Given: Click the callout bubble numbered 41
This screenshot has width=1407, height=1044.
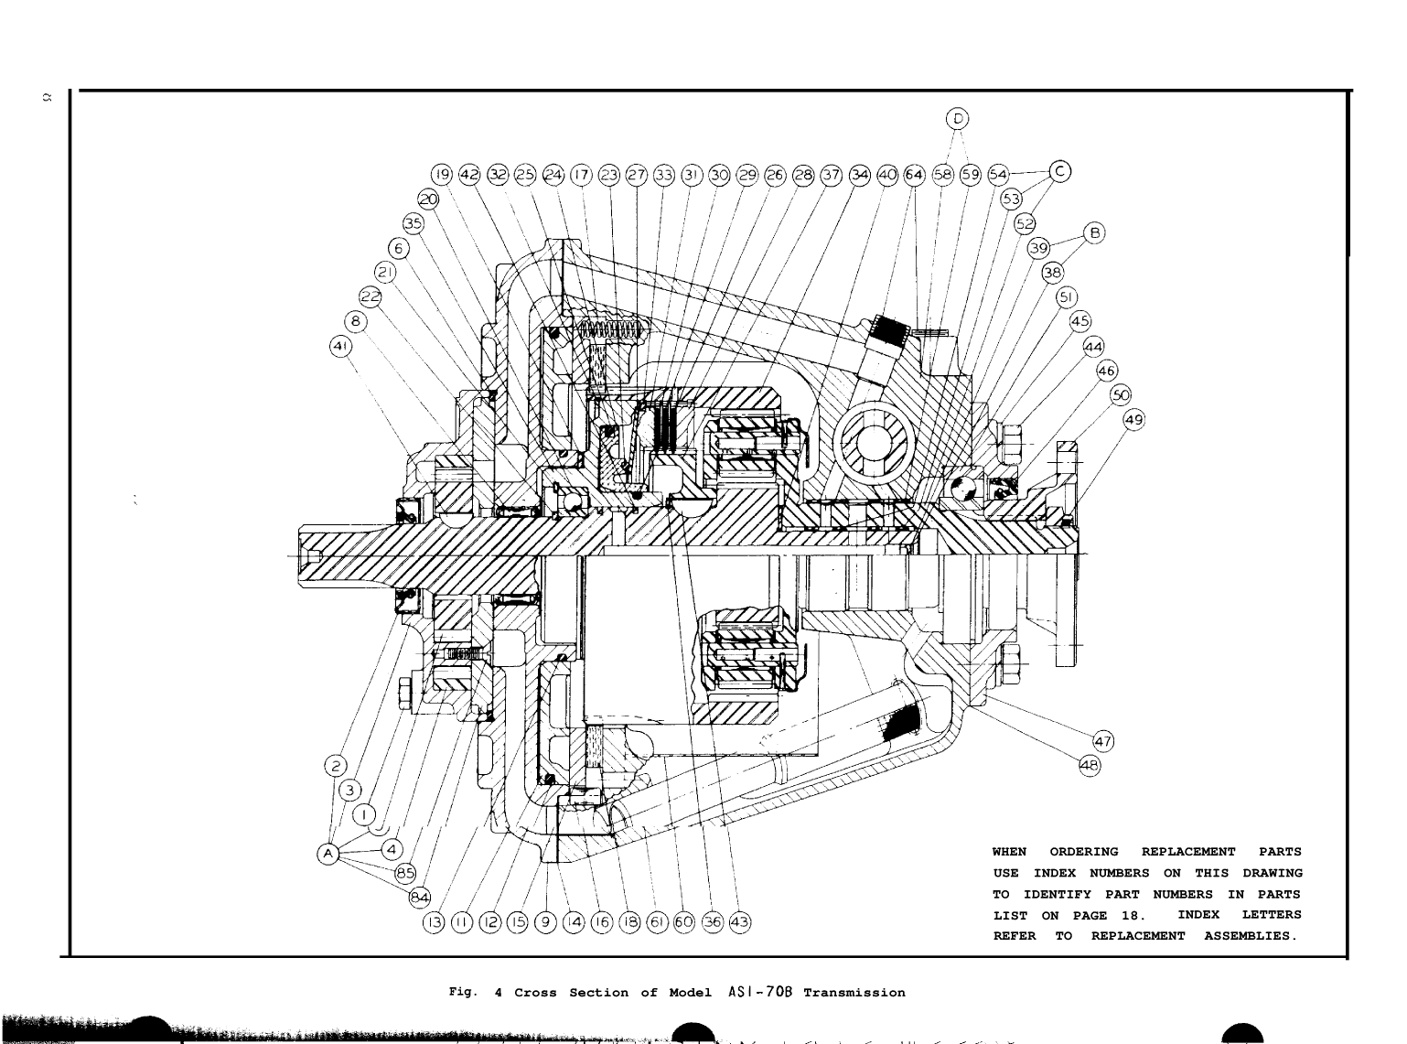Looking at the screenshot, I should pyautogui.click(x=339, y=346).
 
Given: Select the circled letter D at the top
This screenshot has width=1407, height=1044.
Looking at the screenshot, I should pyautogui.click(x=958, y=118).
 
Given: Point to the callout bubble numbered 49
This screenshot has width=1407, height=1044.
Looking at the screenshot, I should pyautogui.click(x=1133, y=419).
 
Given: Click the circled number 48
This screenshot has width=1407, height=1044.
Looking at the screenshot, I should pyautogui.click(x=1090, y=766).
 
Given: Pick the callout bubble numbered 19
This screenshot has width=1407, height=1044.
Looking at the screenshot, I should pyautogui.click(x=443, y=174).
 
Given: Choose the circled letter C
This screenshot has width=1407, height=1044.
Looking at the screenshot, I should pyautogui.click(x=1060, y=170).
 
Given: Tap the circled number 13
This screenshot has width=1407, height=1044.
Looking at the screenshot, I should pyautogui.click(x=432, y=922).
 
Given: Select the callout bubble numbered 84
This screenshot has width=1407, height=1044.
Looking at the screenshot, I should pyautogui.click(x=419, y=895).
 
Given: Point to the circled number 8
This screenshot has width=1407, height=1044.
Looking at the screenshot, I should pyautogui.click(x=357, y=321).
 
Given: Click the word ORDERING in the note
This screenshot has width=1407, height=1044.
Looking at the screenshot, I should pyautogui.click(x=1083, y=852).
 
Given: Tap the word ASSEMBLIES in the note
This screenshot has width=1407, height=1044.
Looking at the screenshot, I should pyautogui.click(x=1251, y=936).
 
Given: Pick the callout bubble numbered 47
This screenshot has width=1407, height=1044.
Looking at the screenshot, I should pyautogui.click(x=1102, y=741).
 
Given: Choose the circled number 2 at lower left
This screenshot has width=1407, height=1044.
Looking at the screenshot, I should pyautogui.click(x=336, y=765).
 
